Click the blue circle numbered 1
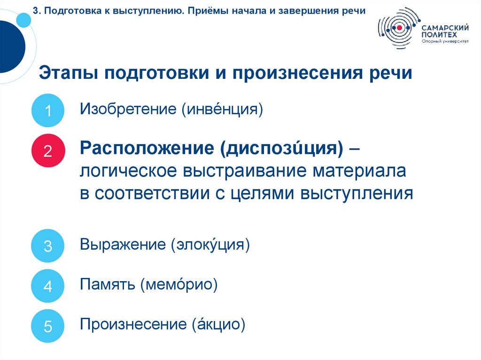tap(47, 111)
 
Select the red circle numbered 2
tap(47, 151)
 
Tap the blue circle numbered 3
tap(47, 245)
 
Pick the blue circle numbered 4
tap(47, 286)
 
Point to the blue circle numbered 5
tap(47, 326)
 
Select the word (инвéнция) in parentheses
tap(220, 110)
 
